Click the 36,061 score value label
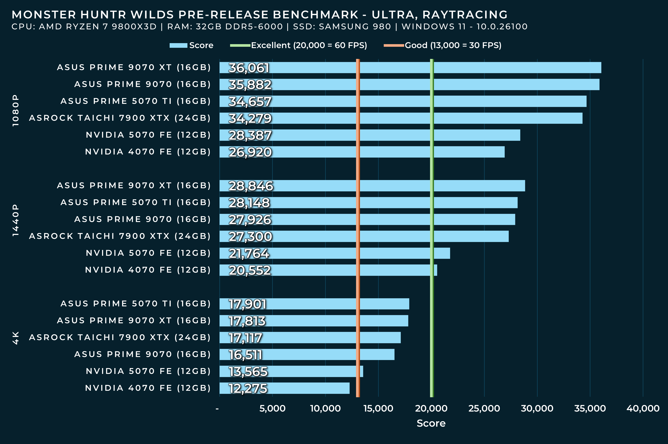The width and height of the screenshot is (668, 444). click(x=249, y=68)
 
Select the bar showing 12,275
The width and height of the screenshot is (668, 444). click(x=284, y=388)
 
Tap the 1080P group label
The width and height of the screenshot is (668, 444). click(x=16, y=110)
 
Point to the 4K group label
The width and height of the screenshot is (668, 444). click(x=16, y=338)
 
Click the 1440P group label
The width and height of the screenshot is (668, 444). click(x=16, y=220)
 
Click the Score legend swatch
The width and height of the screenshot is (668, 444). click(x=178, y=46)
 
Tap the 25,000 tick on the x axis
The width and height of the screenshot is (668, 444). click(x=484, y=408)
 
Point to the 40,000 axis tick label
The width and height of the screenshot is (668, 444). click(x=643, y=408)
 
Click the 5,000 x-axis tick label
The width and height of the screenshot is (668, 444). click(x=272, y=408)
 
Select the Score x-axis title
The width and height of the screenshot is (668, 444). click(x=431, y=423)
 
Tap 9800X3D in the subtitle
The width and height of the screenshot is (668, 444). click(x=134, y=27)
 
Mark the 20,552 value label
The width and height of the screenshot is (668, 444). click(x=250, y=270)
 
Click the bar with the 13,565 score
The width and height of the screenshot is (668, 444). click(x=291, y=371)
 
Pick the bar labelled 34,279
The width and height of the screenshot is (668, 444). click(x=401, y=118)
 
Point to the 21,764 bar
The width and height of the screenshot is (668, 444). click(x=335, y=253)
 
